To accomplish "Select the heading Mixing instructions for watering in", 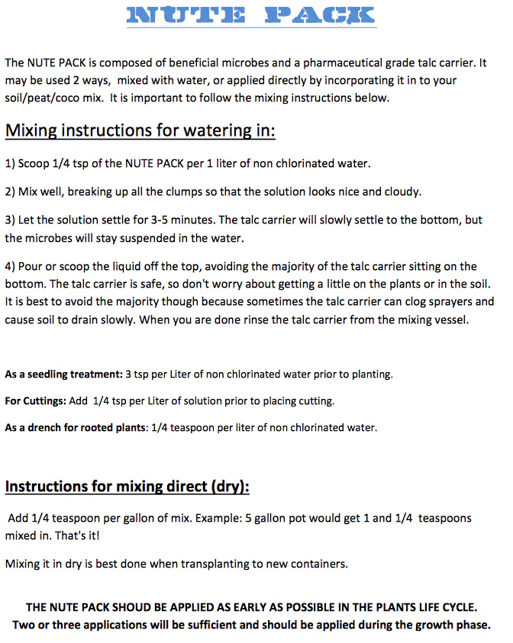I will click(140, 130).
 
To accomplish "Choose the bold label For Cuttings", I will click(32, 400).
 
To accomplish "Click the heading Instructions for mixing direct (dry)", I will click(127, 486).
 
